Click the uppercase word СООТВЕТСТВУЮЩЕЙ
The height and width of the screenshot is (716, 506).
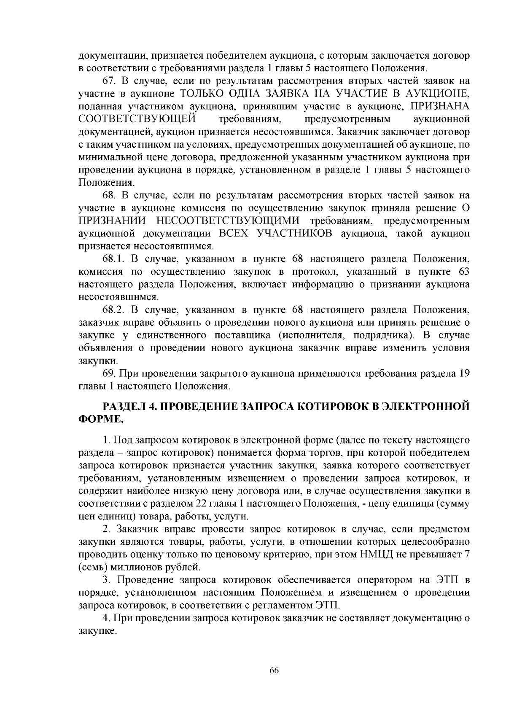click(x=138, y=119)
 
